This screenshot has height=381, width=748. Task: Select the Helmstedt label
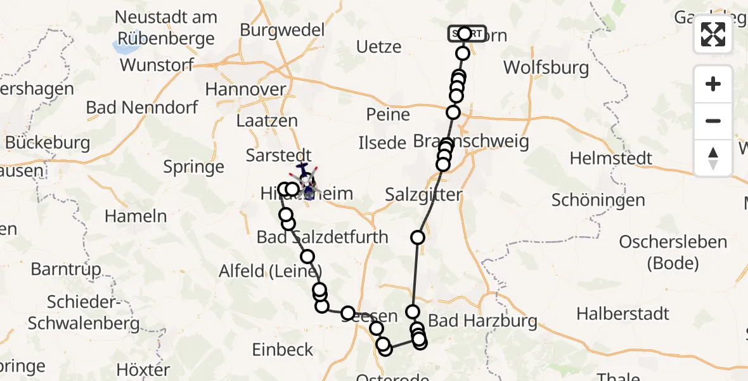point(610,157)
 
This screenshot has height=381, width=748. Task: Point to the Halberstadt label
point(623,313)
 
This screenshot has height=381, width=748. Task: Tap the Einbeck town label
point(283,349)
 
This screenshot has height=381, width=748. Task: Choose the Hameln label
point(136,215)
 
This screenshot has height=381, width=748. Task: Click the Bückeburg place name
point(48,142)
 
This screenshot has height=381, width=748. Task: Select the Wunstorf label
point(160,65)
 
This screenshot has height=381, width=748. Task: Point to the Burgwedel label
point(282,30)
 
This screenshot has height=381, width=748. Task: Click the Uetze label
point(379,46)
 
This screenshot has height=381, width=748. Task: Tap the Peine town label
point(388,115)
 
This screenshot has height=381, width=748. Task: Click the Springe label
point(194,167)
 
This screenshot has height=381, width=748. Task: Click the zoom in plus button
point(713,84)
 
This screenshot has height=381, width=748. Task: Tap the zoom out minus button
point(713,121)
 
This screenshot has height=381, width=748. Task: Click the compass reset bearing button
point(713,157)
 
